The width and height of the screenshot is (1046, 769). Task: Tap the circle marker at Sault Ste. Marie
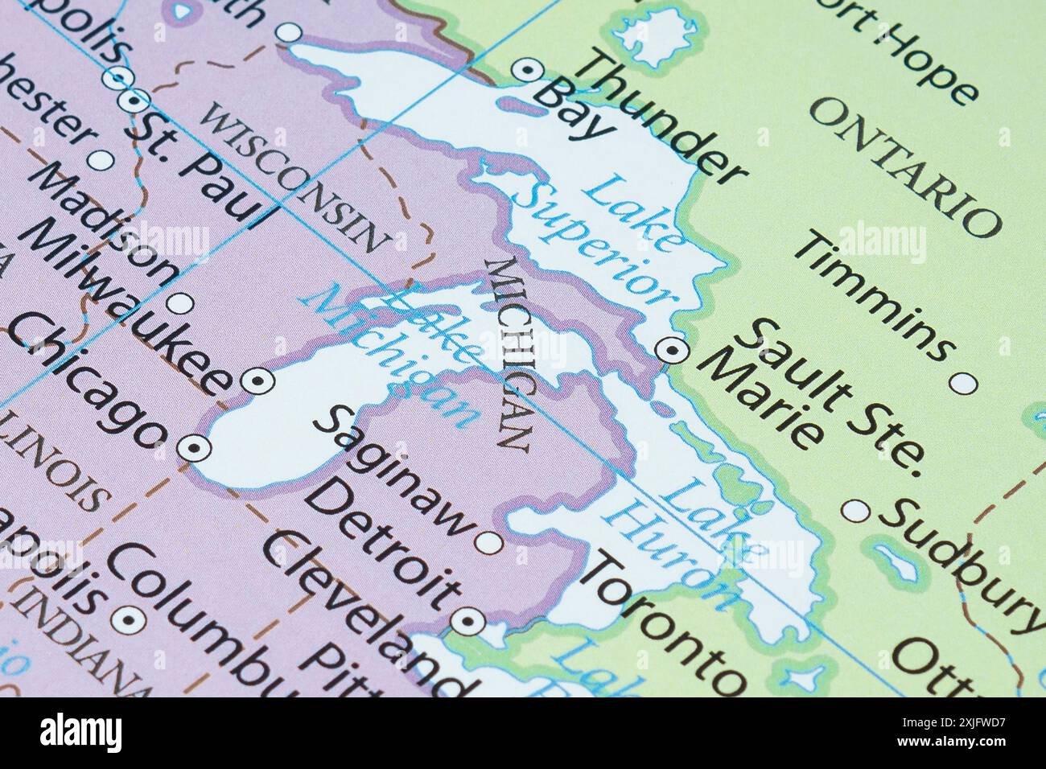click(x=670, y=350)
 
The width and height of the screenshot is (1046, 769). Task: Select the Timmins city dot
click(x=963, y=384)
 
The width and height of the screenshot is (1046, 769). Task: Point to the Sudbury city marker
click(x=856, y=511)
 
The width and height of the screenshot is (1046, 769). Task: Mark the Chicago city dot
click(x=194, y=448)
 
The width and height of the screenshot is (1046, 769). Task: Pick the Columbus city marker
click(x=127, y=619)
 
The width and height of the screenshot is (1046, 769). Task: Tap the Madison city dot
click(x=180, y=304)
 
